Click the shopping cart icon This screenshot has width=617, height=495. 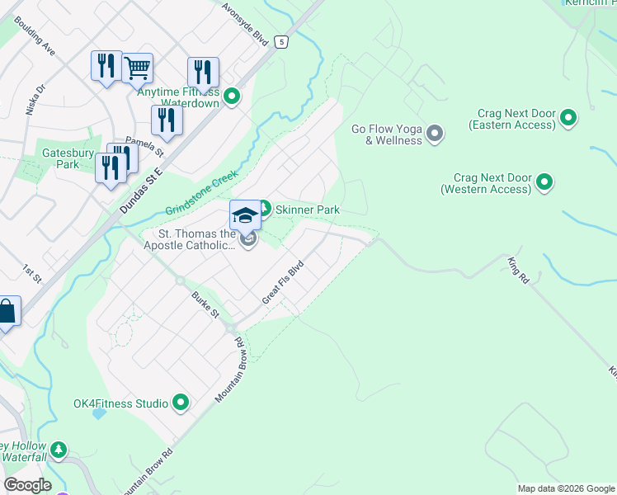(137, 68)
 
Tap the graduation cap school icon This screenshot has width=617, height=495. (245, 215)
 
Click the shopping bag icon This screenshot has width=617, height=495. (6, 312)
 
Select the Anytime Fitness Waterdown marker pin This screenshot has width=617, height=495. (233, 97)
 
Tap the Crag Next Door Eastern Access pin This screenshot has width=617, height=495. (568, 119)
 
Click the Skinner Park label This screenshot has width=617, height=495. (308, 210)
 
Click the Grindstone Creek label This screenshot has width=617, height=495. (202, 192)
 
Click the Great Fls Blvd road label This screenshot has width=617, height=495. (283, 283)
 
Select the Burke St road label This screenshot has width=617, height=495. (205, 304)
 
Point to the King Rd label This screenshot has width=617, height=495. (518, 271)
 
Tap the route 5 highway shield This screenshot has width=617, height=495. (283, 41)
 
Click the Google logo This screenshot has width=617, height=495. (27, 485)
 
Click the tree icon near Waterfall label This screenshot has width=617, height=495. (58, 450)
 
